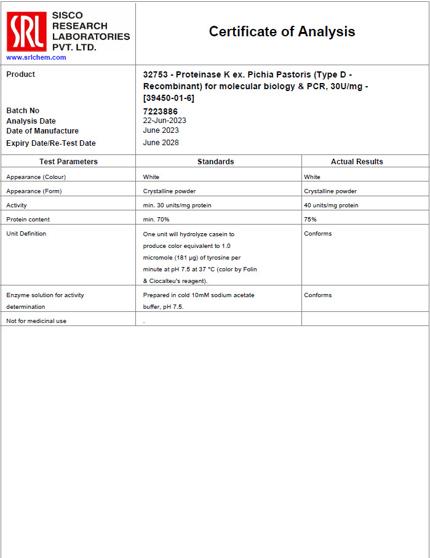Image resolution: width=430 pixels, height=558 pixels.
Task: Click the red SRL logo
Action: point(26,32)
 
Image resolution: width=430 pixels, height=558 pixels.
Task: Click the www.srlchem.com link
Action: point(36,57)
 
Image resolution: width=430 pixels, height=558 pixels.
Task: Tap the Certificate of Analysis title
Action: point(282,31)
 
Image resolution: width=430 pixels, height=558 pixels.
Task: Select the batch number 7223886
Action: point(160,111)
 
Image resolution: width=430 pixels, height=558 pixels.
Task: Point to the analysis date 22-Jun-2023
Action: point(164,121)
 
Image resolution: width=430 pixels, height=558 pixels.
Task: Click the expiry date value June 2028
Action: point(161,143)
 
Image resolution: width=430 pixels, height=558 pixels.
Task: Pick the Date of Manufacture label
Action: point(42,131)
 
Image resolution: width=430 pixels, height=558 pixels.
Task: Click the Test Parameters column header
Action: point(68,162)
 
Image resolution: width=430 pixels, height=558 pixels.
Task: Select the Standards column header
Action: point(215,162)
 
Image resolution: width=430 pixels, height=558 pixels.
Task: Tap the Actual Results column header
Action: point(357,162)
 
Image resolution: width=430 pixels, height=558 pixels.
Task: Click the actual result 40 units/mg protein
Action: point(331,205)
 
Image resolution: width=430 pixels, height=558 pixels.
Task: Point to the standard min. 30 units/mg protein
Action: point(177,205)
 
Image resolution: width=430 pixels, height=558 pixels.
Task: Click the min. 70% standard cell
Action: point(156,220)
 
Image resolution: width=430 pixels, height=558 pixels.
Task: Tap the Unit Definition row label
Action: point(26,234)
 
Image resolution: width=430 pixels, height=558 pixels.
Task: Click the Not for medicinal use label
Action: point(36,321)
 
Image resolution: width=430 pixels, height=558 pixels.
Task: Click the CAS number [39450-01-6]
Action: point(169,98)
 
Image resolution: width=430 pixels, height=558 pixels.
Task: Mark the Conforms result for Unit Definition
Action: point(317,234)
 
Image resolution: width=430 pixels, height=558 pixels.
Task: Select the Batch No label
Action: point(23,111)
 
